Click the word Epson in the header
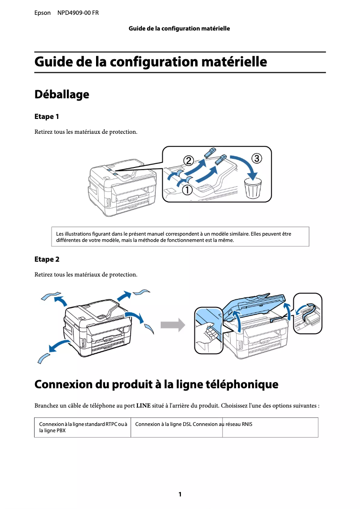point(43,13)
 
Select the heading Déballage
point(61,95)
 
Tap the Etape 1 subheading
point(47,117)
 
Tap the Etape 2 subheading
point(47,259)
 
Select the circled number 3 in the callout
point(257,158)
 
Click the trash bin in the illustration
point(253,189)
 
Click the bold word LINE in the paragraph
point(143,406)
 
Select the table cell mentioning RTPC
point(82,427)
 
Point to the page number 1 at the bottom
point(180,494)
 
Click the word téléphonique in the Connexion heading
point(241,385)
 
